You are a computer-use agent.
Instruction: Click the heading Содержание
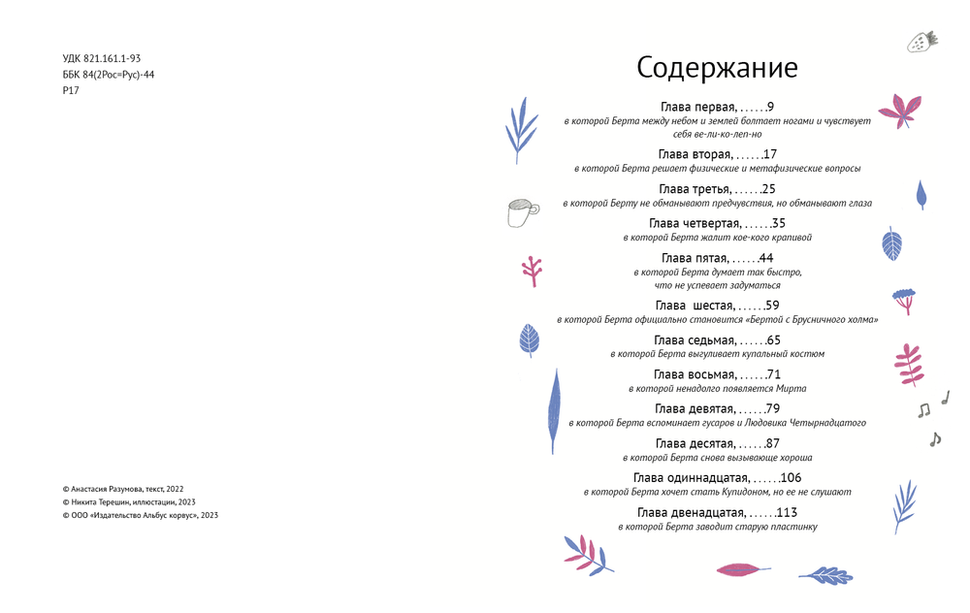pos(717,68)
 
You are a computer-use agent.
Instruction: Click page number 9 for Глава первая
pos(769,107)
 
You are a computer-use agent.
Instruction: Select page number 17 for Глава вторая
pos(770,154)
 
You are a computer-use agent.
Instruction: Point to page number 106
pos(791,477)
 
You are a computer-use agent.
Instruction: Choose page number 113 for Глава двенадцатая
pos(787,512)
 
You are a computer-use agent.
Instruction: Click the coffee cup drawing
pos(522,211)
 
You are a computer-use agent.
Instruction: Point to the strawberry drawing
pos(921,41)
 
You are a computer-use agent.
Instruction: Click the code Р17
pos(71,90)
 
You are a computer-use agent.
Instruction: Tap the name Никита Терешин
pos(98,502)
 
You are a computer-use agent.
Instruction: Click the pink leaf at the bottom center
pos(743,569)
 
